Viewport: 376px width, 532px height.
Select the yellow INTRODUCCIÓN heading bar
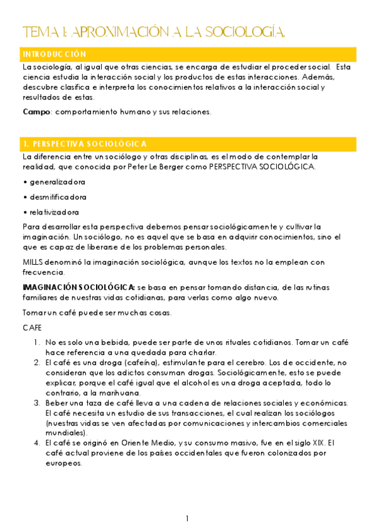coord(188,55)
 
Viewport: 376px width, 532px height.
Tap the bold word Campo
coord(36,112)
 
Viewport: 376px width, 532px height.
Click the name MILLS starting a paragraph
coord(33,262)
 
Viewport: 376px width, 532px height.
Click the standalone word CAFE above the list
coord(32,327)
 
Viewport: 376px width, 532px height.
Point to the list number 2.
coord(36,363)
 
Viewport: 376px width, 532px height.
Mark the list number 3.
coord(36,403)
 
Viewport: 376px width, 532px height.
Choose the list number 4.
coord(36,443)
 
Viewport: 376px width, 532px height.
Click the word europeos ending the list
coord(63,463)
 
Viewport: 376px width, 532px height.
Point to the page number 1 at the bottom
coord(187,518)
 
